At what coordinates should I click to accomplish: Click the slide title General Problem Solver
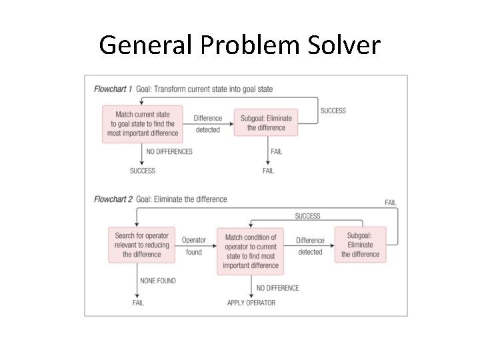tap(239, 45)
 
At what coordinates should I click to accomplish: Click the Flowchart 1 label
tap(113, 89)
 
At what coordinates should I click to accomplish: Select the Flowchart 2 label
tap(113, 199)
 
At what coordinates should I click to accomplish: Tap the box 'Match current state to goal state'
tap(143, 123)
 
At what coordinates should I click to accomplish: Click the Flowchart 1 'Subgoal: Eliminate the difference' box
tap(266, 123)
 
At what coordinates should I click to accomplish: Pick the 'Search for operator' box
tap(142, 245)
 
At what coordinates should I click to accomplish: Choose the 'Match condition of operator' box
tap(251, 251)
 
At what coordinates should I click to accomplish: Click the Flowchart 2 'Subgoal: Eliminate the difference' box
tap(360, 245)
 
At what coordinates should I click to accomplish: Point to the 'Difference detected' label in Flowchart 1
tap(207, 124)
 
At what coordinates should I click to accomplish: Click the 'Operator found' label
tap(194, 245)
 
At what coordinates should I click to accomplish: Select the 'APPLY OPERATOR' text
tap(251, 303)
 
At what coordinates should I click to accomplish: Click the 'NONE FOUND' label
tap(157, 281)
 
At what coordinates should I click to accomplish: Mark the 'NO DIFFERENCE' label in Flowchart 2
tap(277, 288)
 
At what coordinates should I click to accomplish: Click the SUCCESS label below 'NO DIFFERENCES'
tap(142, 171)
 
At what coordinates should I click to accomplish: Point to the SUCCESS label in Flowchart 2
tap(307, 216)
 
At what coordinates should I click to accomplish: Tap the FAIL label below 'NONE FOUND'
tap(138, 303)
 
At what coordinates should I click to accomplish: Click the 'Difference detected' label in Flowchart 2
tap(310, 246)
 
